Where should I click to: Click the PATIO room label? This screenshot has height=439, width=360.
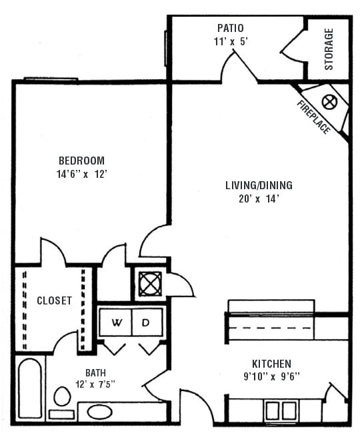pyautogui.click(x=230, y=28)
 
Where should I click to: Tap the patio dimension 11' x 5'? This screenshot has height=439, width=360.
pyautogui.click(x=230, y=41)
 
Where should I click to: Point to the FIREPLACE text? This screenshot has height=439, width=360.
pyautogui.click(x=313, y=117)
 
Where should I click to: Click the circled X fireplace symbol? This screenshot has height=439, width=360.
pyautogui.click(x=328, y=102)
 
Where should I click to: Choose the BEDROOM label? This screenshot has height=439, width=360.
pyautogui.click(x=81, y=161)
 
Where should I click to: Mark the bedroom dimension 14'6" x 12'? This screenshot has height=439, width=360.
pyautogui.click(x=81, y=173)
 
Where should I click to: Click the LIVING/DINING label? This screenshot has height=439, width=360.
pyautogui.click(x=259, y=185)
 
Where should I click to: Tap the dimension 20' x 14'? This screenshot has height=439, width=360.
pyautogui.click(x=259, y=198)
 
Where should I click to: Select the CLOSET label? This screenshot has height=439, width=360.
pyautogui.click(x=54, y=300)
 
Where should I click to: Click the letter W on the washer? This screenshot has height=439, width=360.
pyautogui.click(x=117, y=323)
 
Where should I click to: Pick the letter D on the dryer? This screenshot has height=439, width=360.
pyautogui.click(x=146, y=323)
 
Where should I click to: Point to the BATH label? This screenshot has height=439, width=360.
pyautogui.click(x=95, y=372)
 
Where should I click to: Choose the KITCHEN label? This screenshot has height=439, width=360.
pyautogui.click(x=271, y=364)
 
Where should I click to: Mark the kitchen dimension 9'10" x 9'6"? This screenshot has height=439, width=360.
pyautogui.click(x=271, y=376)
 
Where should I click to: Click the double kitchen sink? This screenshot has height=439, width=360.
pyautogui.click(x=280, y=410)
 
